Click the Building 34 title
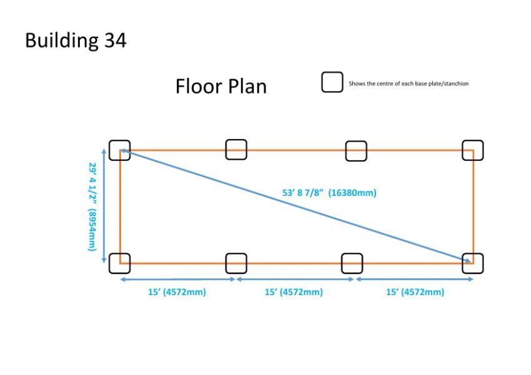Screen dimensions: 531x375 76,41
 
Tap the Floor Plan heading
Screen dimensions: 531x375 221,86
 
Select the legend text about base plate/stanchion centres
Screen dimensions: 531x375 409,84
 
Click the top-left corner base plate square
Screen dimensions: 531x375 109,150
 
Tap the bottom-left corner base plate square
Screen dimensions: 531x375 109,263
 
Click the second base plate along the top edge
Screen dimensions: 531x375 226,150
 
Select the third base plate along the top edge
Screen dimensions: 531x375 345,151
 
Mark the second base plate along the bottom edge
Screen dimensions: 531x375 226,263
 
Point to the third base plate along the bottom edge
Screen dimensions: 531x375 342,263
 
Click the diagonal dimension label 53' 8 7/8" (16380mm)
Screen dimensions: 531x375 329,193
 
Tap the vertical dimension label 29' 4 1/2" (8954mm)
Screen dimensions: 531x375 92,207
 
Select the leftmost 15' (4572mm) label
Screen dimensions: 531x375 177,292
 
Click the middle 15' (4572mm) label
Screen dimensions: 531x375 294,292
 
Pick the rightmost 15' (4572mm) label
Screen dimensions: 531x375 415,292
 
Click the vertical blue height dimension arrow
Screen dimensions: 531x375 104,205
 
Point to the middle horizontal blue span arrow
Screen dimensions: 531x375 295,280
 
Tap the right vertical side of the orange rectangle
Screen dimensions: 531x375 474,207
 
